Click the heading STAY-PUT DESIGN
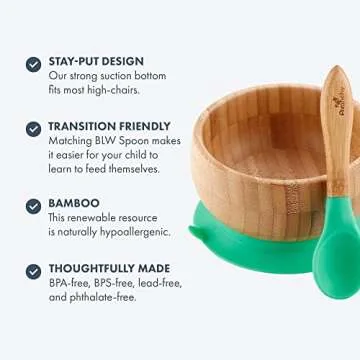click(96, 62)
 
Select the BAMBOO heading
click(74, 203)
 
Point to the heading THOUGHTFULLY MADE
click(110, 268)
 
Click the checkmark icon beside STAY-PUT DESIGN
click(33, 63)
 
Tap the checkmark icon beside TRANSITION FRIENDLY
click(33, 129)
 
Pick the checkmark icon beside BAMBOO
click(33, 204)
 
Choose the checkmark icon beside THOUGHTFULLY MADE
click(33, 269)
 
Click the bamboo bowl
click(250, 170)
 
